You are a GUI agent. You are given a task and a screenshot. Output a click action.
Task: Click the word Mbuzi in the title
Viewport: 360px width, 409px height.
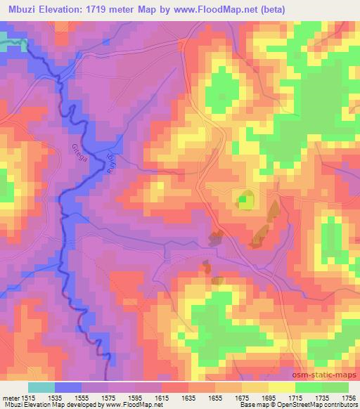(20, 9)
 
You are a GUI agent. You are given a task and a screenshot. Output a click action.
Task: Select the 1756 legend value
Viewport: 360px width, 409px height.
(349, 398)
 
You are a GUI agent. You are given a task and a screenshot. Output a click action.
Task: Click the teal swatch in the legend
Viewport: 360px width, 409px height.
(41, 387)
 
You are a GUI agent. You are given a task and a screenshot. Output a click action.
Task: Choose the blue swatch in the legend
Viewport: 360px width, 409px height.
(68, 387)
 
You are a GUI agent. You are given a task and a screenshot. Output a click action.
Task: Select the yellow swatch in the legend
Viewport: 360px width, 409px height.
(282, 387)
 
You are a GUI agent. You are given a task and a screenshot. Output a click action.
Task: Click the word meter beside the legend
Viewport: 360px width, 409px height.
(10, 398)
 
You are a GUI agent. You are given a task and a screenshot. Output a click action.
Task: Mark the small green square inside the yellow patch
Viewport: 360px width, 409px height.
(243, 201)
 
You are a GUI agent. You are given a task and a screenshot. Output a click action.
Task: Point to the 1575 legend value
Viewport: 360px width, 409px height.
(108, 398)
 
